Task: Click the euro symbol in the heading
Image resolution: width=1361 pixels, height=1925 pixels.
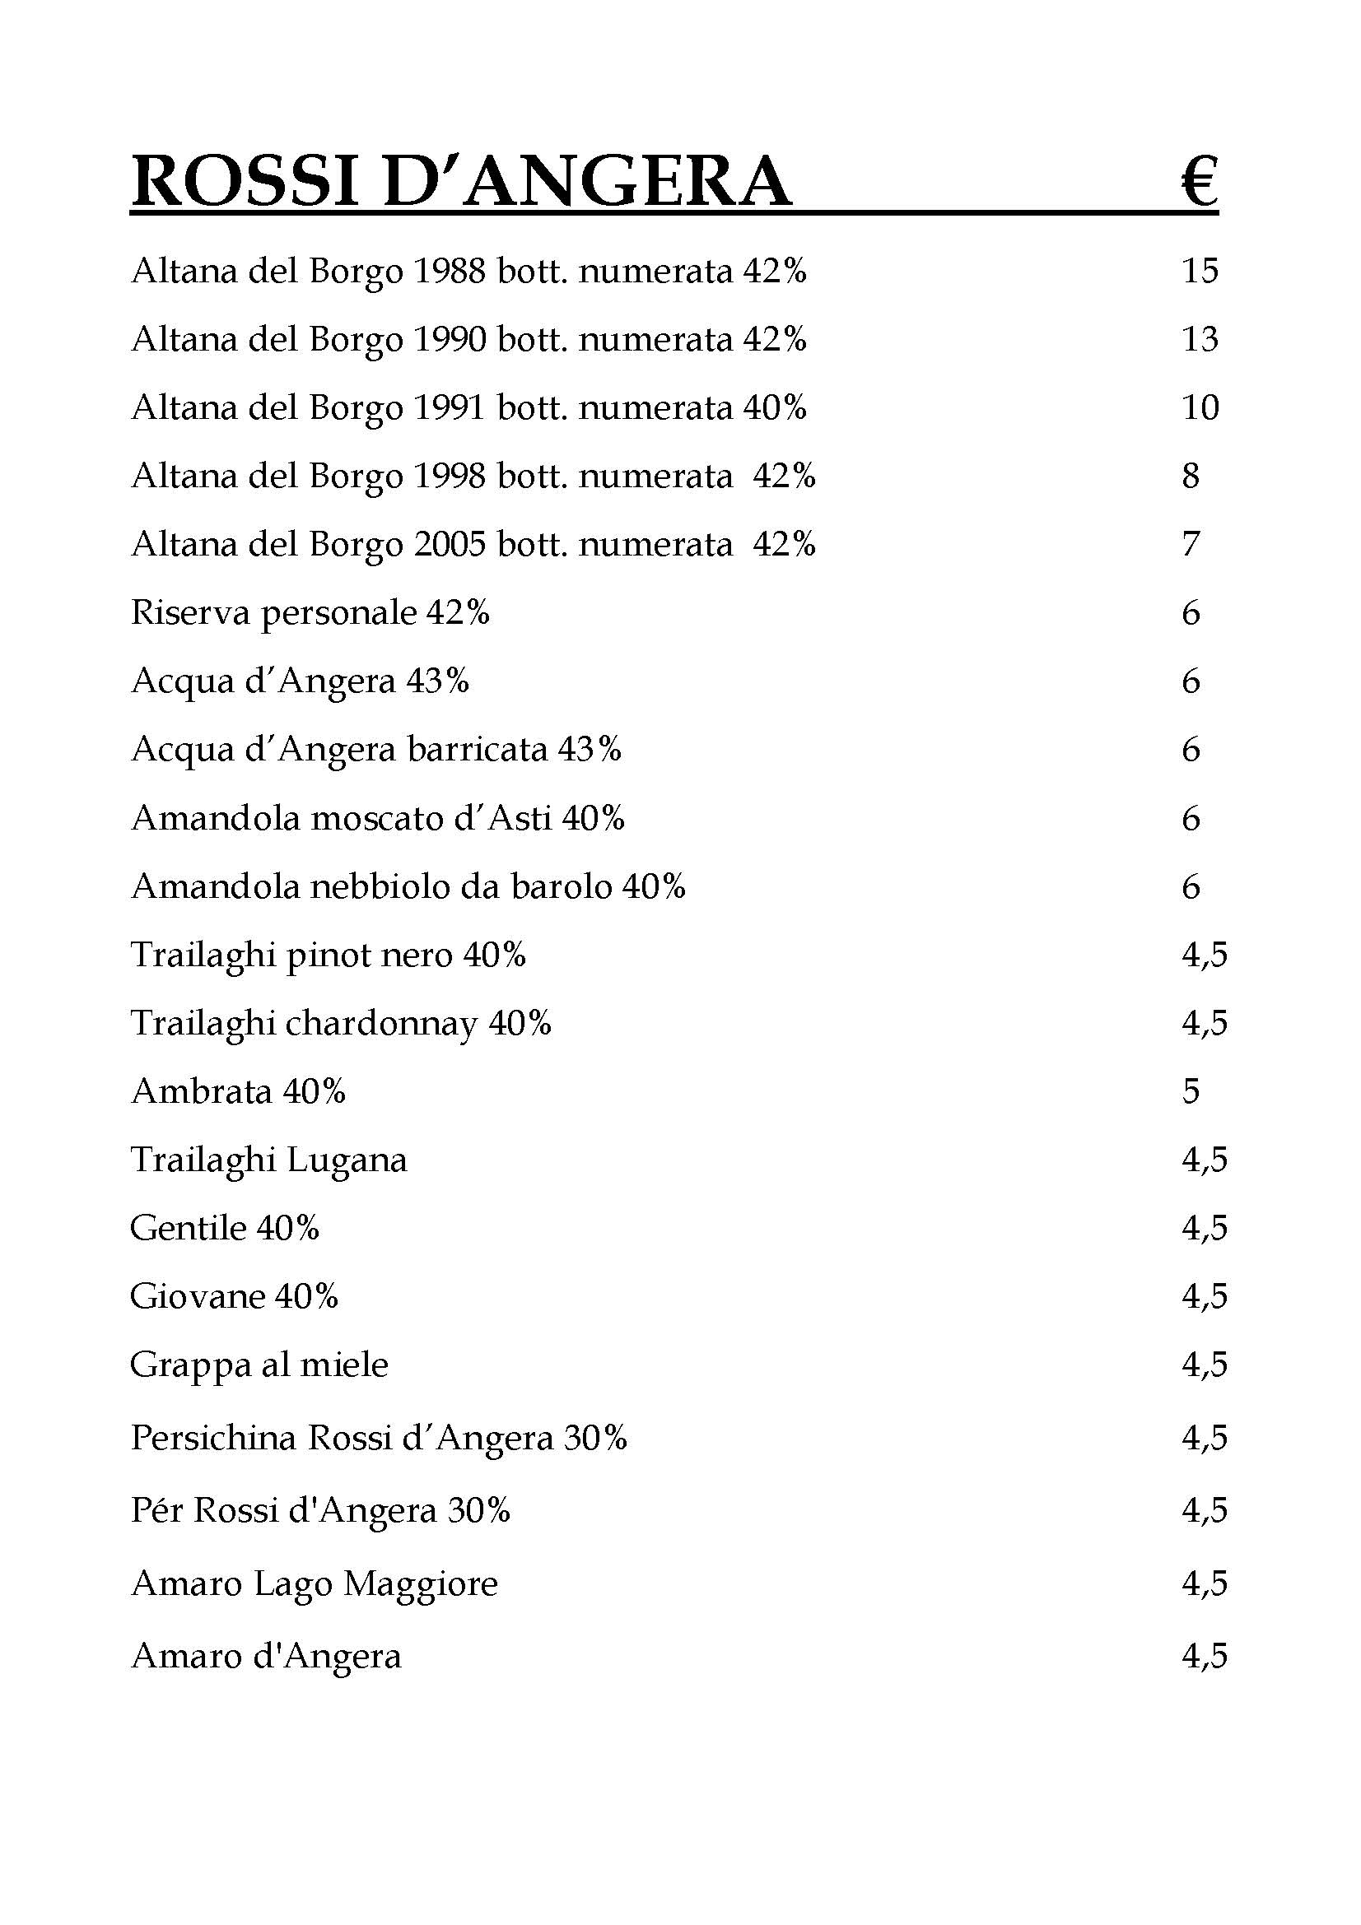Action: [x=1199, y=183]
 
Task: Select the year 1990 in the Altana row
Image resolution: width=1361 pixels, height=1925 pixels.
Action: [x=450, y=339]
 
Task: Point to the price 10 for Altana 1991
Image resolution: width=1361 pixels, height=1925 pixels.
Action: [x=1199, y=407]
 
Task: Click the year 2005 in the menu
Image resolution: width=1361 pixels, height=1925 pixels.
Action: [x=450, y=544]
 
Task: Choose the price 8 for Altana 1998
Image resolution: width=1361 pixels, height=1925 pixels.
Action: [x=1191, y=477]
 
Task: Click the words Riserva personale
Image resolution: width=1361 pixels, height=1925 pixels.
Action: [x=274, y=614]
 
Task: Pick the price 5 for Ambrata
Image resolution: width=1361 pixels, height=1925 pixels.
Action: [x=1191, y=1091]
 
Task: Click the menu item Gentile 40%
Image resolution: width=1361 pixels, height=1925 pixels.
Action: [x=225, y=1228]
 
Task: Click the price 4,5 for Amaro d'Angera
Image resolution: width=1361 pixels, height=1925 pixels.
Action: [x=1205, y=1656]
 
